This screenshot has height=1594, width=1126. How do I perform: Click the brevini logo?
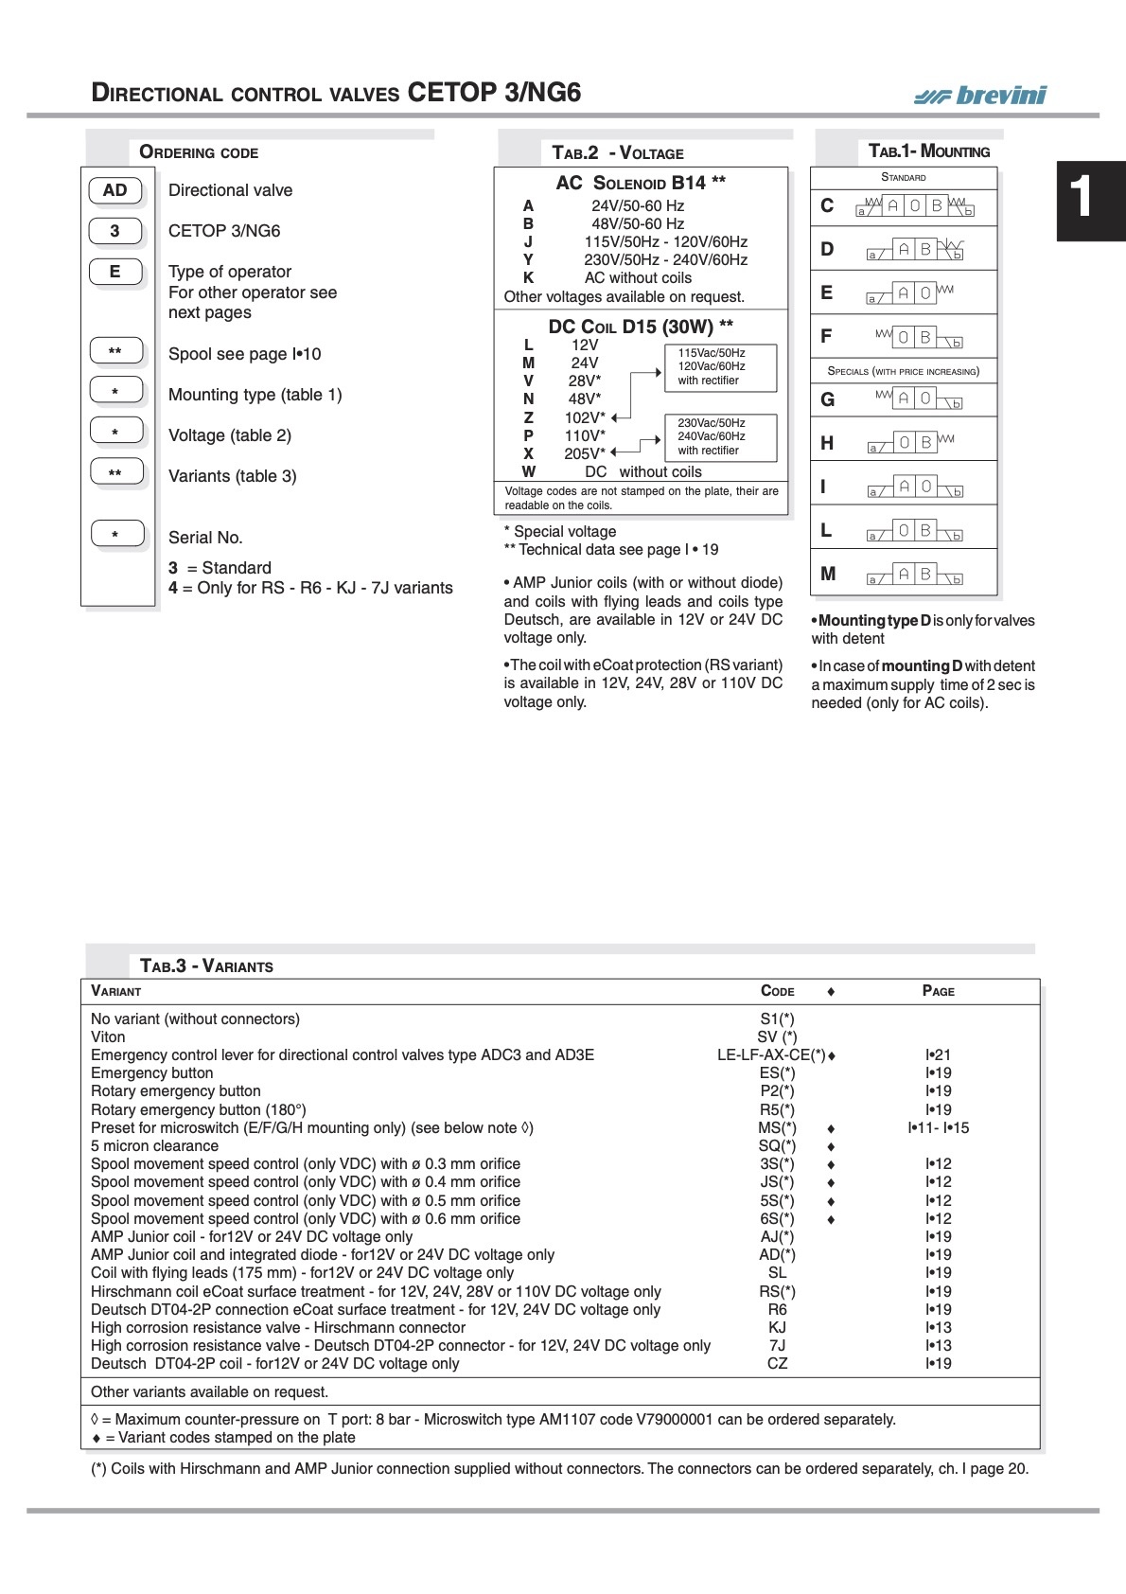pos(980,95)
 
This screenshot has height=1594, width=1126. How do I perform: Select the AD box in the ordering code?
pos(115,190)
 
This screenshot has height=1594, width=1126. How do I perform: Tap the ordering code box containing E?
pos(115,272)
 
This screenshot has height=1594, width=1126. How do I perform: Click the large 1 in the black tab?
pos(1081,199)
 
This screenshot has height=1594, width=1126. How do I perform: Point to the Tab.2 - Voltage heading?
pos(618,152)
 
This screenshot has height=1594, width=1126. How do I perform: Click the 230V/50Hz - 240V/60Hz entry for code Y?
pos(665,259)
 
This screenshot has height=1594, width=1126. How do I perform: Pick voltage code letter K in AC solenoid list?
pos(528,277)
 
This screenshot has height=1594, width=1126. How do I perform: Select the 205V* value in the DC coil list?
pos(583,453)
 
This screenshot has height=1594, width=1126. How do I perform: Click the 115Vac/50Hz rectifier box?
pos(720,366)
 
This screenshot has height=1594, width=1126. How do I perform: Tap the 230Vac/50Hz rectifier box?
pos(720,436)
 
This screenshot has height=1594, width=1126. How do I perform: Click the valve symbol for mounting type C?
pos(914,205)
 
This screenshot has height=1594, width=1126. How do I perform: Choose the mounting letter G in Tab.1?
pos(827,399)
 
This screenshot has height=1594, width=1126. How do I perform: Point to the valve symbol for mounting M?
pos(914,575)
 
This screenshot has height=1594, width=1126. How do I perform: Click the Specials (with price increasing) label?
pos(904,371)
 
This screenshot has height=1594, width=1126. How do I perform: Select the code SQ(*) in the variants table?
pos(777,1146)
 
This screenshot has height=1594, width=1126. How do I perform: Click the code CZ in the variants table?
pos(777,1364)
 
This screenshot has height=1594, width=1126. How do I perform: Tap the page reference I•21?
pos(938,1055)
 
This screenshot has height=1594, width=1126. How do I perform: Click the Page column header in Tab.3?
pos(938,991)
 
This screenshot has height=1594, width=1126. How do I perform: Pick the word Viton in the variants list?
pos(108,1037)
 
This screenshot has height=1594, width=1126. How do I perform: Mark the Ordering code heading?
pos(199,152)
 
